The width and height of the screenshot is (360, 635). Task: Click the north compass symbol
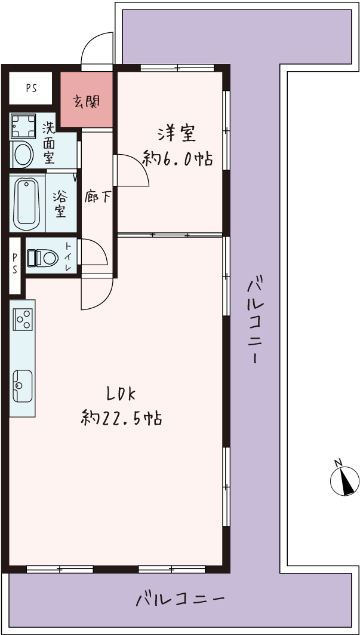pyautogui.click(x=344, y=480)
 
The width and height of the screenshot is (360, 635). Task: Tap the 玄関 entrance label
pyautogui.click(x=86, y=102)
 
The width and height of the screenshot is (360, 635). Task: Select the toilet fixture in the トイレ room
pyautogui.click(x=42, y=257)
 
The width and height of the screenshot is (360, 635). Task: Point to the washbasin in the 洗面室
pyautogui.click(x=23, y=154)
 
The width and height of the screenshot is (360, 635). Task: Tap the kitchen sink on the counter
pyautogui.click(x=22, y=385)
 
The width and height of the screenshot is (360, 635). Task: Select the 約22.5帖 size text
pyautogui.click(x=121, y=418)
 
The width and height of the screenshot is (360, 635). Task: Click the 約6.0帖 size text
pyautogui.click(x=177, y=158)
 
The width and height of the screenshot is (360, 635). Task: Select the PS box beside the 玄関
pyautogui.click(x=31, y=88)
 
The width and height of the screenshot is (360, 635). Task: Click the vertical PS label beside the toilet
pyautogui.click(x=14, y=263)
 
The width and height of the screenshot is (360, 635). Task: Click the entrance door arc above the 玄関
pyautogui.click(x=97, y=48)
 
